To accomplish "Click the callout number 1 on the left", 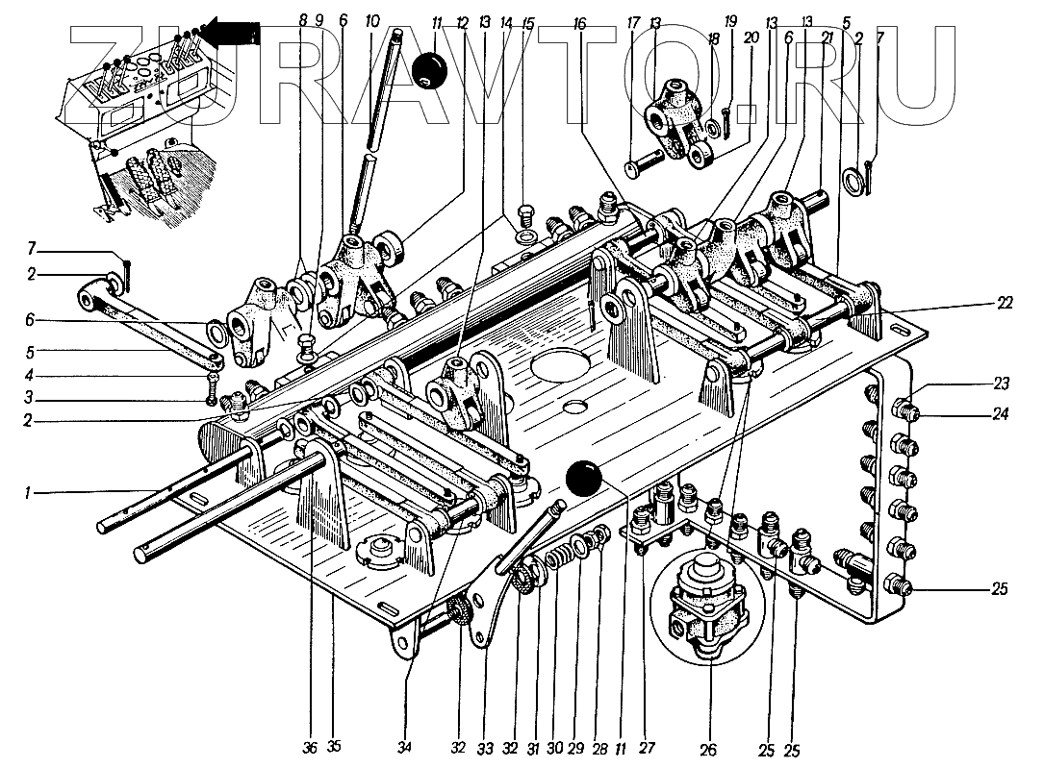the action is pos(27,493).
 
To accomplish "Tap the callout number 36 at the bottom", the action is pos(310,748).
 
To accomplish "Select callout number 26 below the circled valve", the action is pos(708,750).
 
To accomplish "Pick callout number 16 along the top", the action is pos(579,24).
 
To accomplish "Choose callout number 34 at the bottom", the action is pos(404,748).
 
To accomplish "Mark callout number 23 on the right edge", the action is pos(1002,384).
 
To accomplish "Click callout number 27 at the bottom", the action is pos(647,748).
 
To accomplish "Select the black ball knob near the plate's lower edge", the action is pos(583,479).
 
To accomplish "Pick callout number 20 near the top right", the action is pos(751,37).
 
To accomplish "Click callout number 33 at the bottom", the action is pos(485,749).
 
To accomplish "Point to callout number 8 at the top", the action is pos(303,20).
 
